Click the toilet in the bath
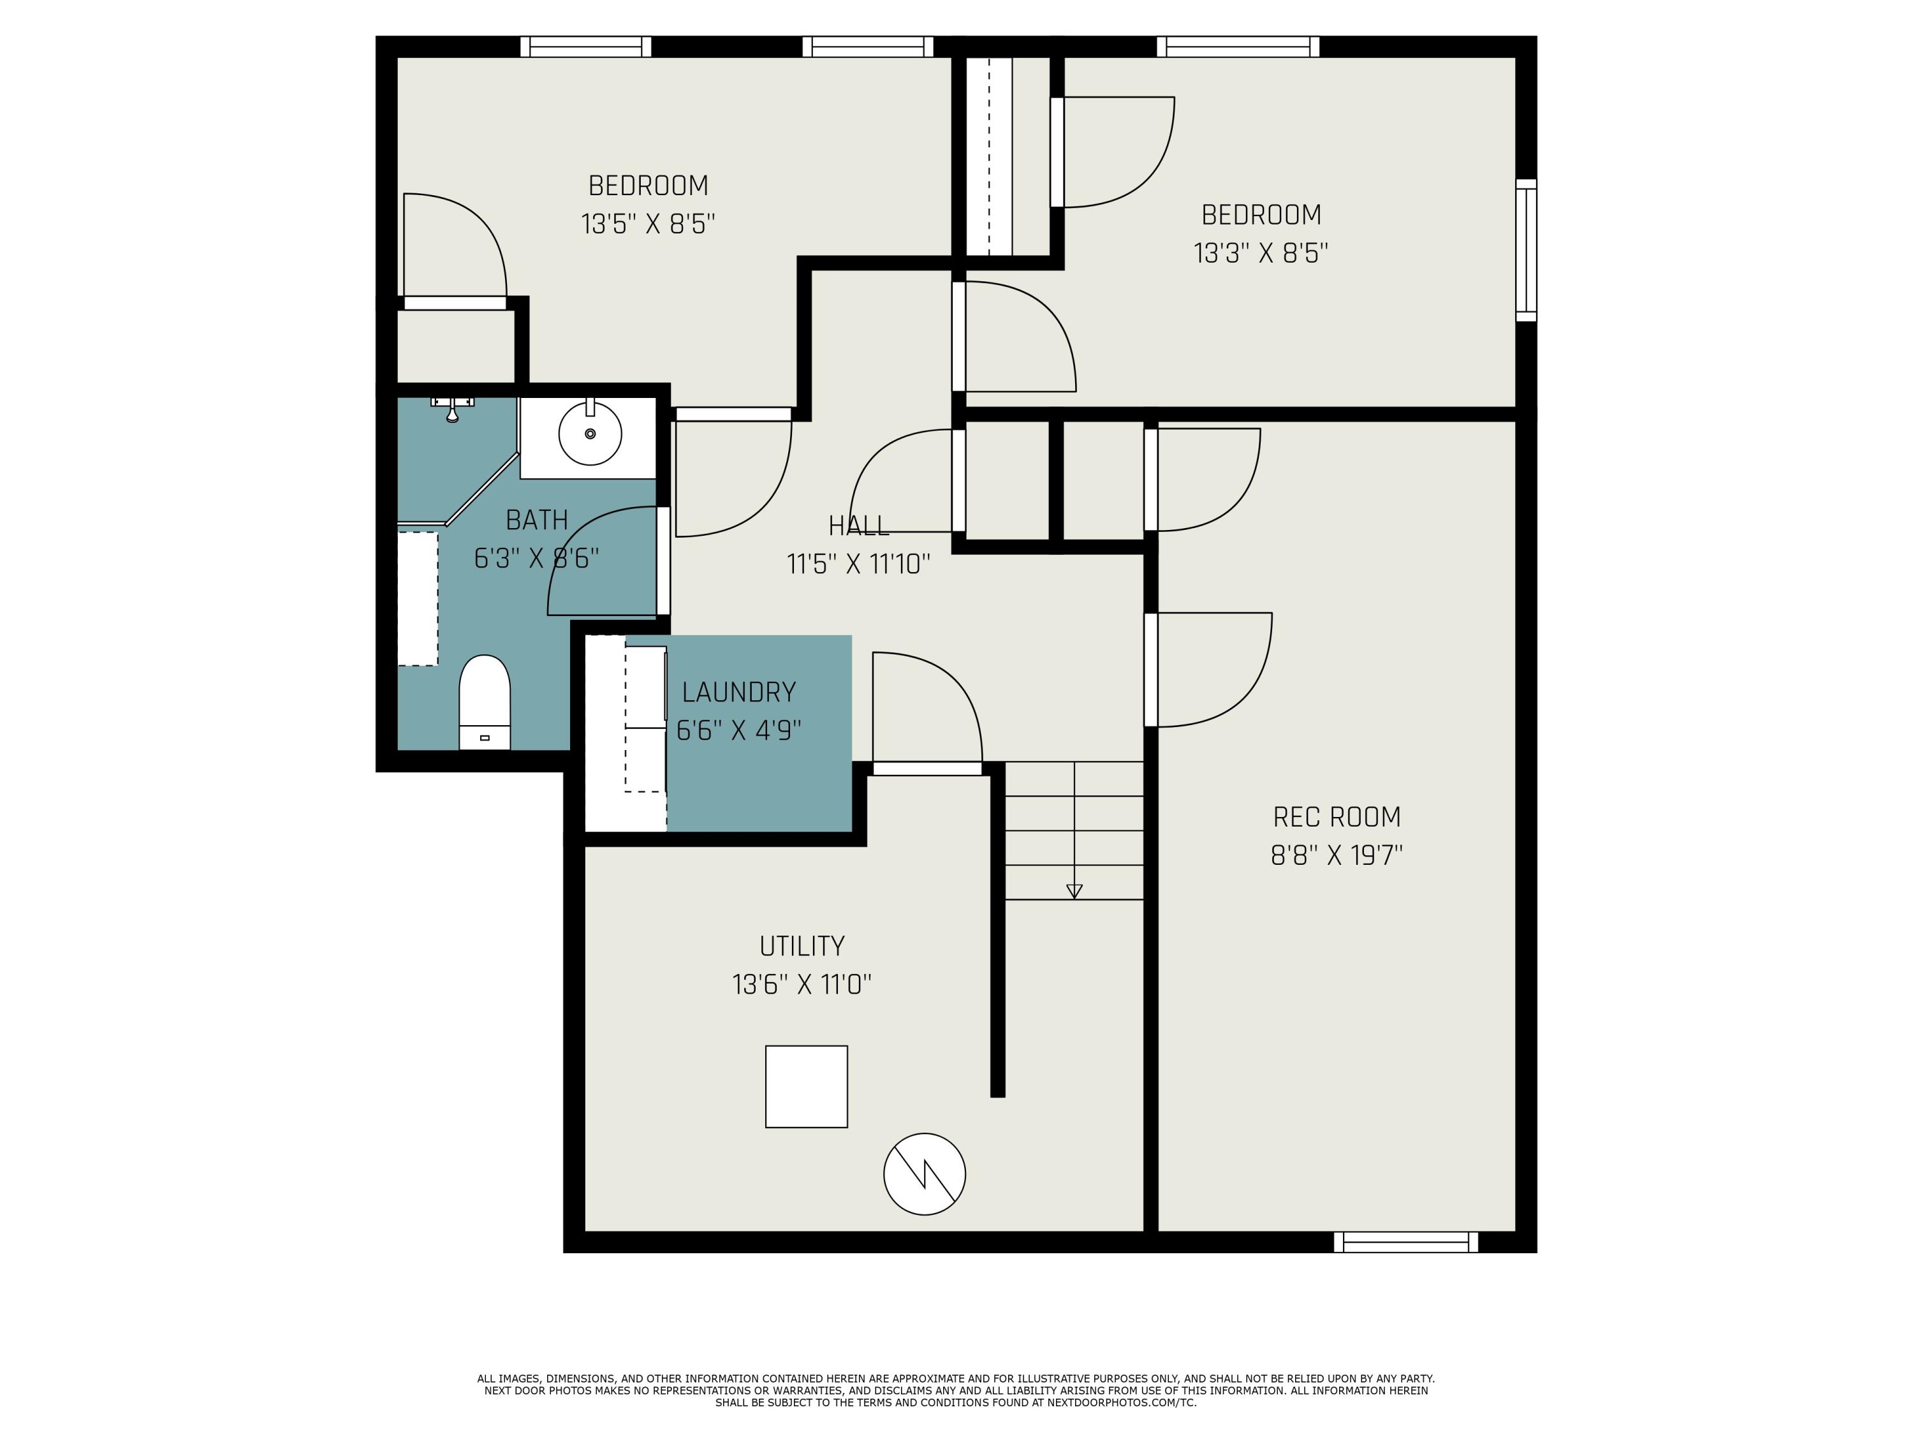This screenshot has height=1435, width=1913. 484,702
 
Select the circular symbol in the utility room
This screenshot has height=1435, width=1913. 925,1174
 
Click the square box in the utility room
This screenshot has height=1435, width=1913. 806,1086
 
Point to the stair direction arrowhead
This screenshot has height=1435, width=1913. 1074,892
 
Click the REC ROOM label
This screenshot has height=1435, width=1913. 1336,816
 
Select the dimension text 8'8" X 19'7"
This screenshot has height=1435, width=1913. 1336,855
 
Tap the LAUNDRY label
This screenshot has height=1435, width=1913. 738,692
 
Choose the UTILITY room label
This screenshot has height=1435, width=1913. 802,946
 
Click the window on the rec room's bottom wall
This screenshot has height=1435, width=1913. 1405,1242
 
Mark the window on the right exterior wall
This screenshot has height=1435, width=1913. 1527,250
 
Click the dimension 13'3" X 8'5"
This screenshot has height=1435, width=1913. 1261,253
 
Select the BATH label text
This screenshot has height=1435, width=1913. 536,520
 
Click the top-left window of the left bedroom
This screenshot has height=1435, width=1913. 585,47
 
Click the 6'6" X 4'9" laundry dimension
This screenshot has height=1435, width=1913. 738,731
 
